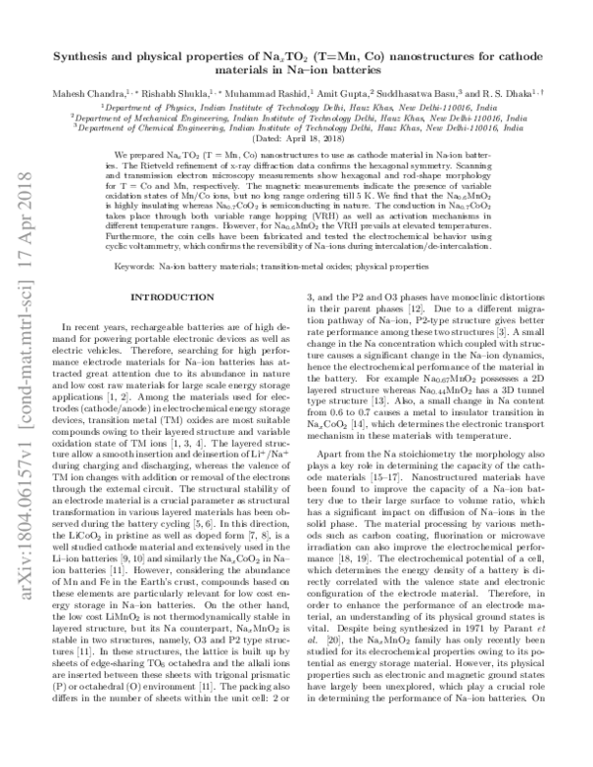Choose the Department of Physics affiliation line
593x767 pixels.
(296, 105)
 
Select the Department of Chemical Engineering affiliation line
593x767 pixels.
(296, 128)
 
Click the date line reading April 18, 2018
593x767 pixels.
(296, 138)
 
